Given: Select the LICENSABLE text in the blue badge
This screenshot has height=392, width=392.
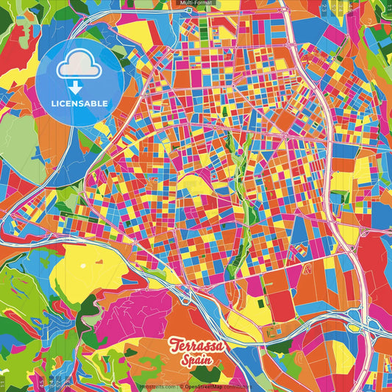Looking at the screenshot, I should coord(79,102).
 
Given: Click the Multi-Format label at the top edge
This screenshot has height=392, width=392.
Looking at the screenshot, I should coord(196,4).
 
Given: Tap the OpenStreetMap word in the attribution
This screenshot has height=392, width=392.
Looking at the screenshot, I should coord(202,385).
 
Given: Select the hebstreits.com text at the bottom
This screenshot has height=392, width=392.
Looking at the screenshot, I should coord(160,385).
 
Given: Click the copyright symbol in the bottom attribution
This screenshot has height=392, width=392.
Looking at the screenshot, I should coord(179,385).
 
